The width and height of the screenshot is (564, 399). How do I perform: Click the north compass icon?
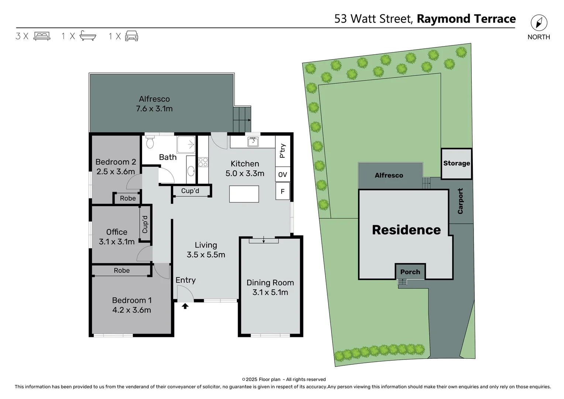[x=539, y=23]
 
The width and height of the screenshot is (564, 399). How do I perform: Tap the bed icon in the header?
[x=42, y=36]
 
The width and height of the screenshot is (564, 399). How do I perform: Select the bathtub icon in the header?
[x=88, y=36]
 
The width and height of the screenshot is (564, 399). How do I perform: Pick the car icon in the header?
[x=131, y=36]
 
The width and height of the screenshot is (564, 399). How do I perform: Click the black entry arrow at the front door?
[x=185, y=306]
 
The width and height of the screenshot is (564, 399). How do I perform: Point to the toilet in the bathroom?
[x=150, y=142]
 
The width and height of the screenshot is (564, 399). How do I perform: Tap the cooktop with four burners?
[x=203, y=162]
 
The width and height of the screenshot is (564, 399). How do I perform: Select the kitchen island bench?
[x=244, y=194]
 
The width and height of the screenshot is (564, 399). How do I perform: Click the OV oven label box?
[x=283, y=174]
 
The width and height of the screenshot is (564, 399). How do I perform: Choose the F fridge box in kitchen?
[x=283, y=191]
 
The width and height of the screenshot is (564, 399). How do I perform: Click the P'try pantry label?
[x=283, y=151]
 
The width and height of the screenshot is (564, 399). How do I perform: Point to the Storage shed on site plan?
[x=457, y=164]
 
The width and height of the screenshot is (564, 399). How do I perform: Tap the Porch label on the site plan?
[x=410, y=272]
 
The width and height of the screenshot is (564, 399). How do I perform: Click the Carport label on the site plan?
[x=460, y=201]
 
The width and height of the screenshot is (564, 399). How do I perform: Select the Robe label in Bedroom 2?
[x=128, y=198]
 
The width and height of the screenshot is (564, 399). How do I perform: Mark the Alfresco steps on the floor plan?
[x=242, y=119]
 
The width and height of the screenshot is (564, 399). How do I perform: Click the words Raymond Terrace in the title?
[x=466, y=19]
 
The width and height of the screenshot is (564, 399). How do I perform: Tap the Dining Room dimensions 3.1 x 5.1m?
[x=270, y=293]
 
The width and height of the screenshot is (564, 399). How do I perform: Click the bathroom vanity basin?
[x=191, y=171]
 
